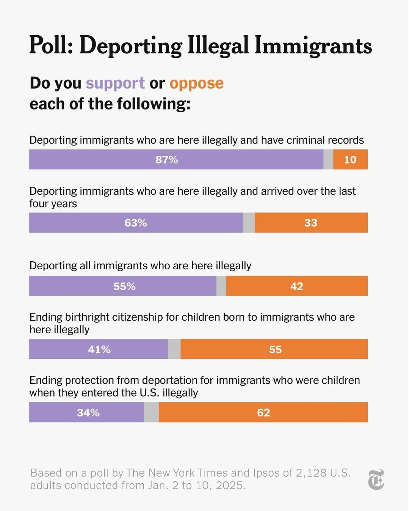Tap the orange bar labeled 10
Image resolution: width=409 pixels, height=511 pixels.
point(350,159)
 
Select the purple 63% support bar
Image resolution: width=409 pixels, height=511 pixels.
point(136,223)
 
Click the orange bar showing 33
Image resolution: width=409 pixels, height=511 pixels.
point(311,223)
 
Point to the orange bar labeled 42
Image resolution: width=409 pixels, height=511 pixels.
point(297,286)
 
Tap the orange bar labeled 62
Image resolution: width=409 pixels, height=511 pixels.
point(263,413)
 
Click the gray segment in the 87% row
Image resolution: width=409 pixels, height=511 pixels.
point(328,159)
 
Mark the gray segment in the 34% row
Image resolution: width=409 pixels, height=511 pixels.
point(152,413)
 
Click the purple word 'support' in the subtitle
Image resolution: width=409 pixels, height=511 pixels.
point(115,83)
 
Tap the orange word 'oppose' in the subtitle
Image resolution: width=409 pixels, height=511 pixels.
point(196,83)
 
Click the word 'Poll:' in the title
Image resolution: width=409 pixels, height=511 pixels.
point(51,45)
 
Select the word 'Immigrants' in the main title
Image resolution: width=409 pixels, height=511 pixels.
point(313,45)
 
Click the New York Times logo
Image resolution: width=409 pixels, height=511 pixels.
point(376,480)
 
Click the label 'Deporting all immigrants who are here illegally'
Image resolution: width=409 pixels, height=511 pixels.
point(140,266)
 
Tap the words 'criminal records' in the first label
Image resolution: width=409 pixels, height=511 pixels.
point(325,140)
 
